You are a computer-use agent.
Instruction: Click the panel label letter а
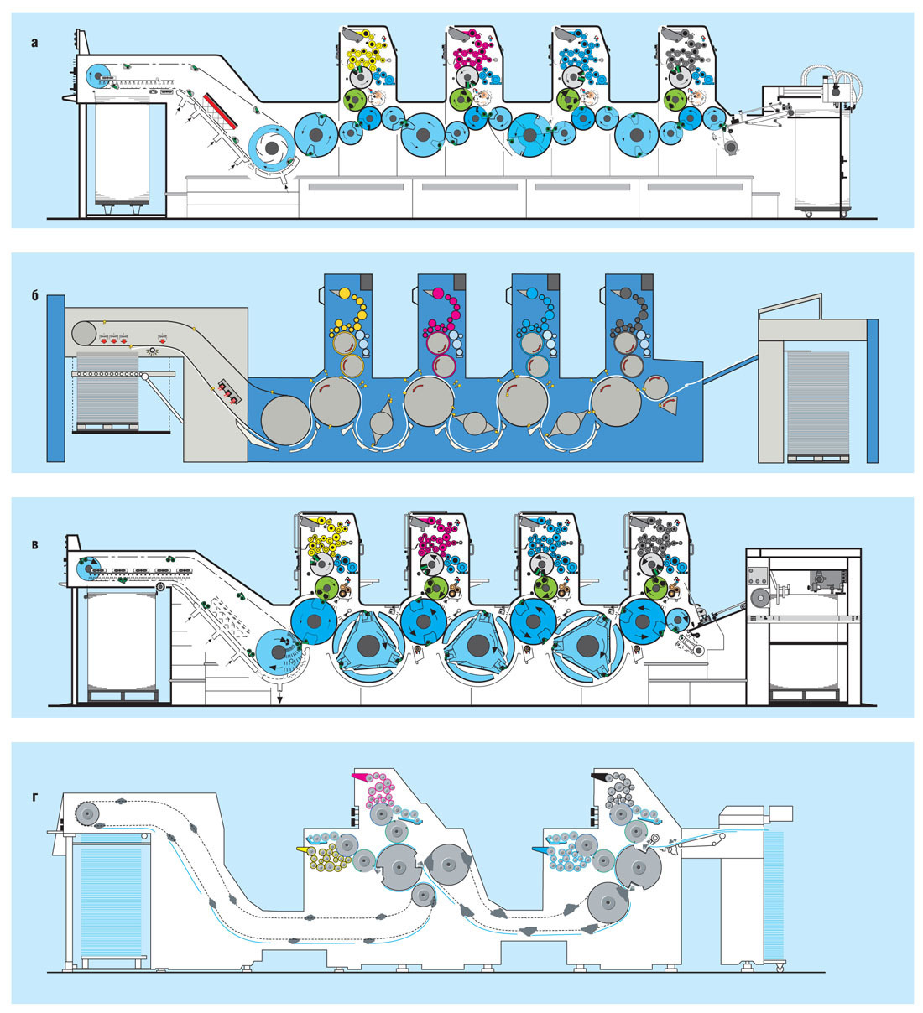coord(34,42)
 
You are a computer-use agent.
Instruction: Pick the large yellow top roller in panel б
coord(344,293)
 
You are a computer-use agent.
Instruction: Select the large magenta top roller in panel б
coord(437,293)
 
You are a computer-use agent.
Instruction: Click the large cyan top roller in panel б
coord(532,293)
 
